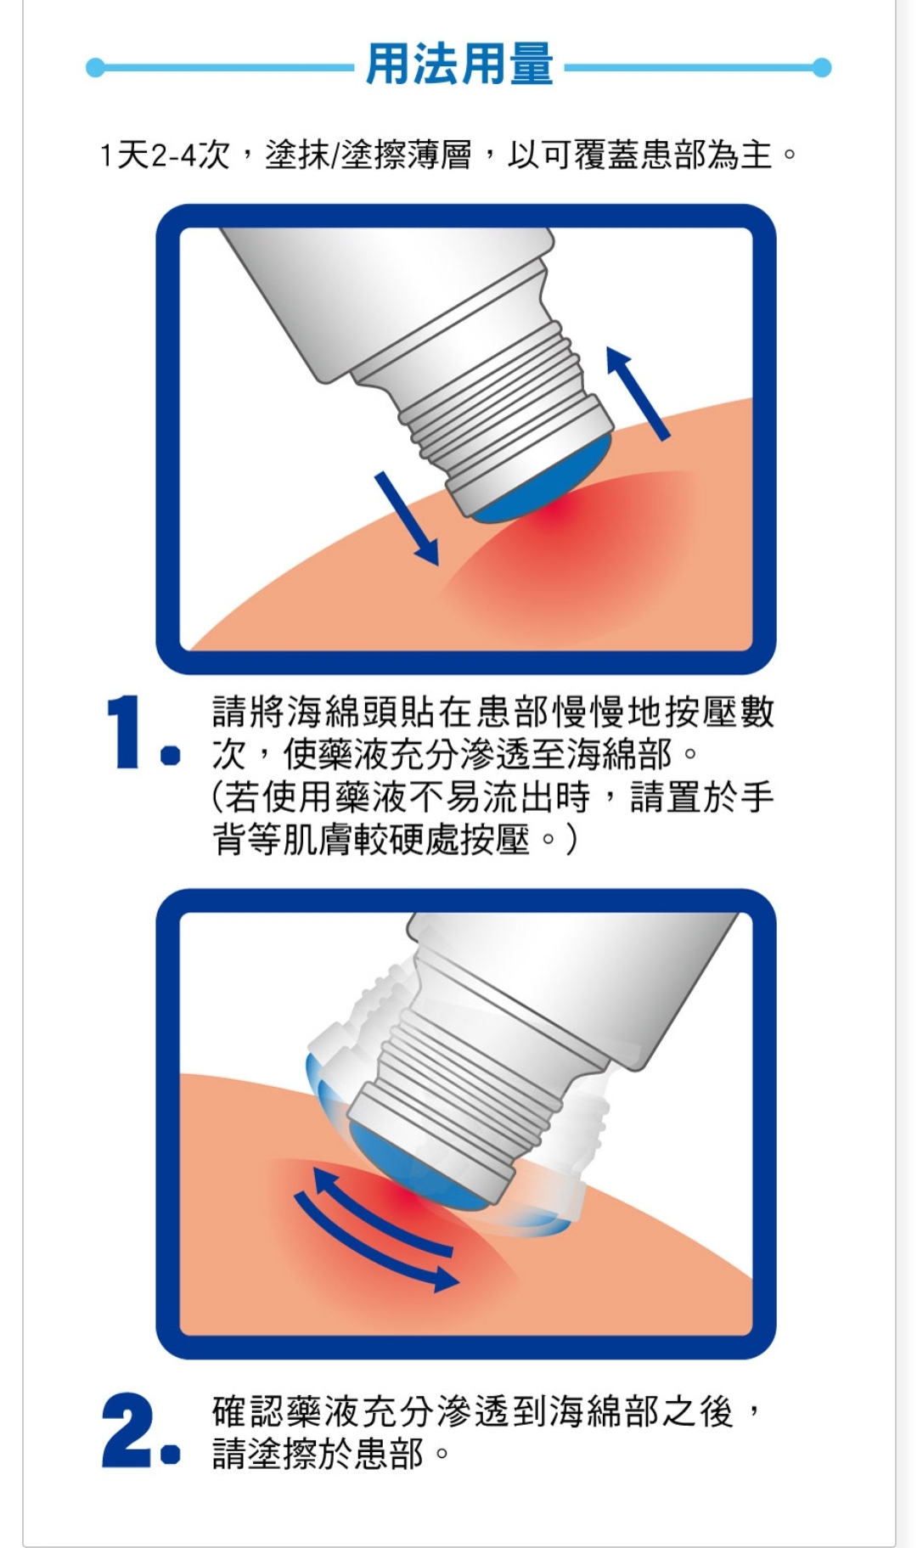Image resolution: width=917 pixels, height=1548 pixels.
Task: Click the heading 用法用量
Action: (459, 65)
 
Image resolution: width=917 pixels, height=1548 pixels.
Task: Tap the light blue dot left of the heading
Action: (95, 68)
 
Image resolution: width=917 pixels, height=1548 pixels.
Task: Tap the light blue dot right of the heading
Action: (821, 68)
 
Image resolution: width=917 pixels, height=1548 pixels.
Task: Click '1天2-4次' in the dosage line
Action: (165, 155)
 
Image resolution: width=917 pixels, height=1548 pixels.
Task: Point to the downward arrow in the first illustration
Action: (408, 519)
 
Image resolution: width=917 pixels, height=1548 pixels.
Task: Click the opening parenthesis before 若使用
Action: (217, 797)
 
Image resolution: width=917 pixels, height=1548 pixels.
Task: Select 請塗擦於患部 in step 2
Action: (318, 1453)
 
